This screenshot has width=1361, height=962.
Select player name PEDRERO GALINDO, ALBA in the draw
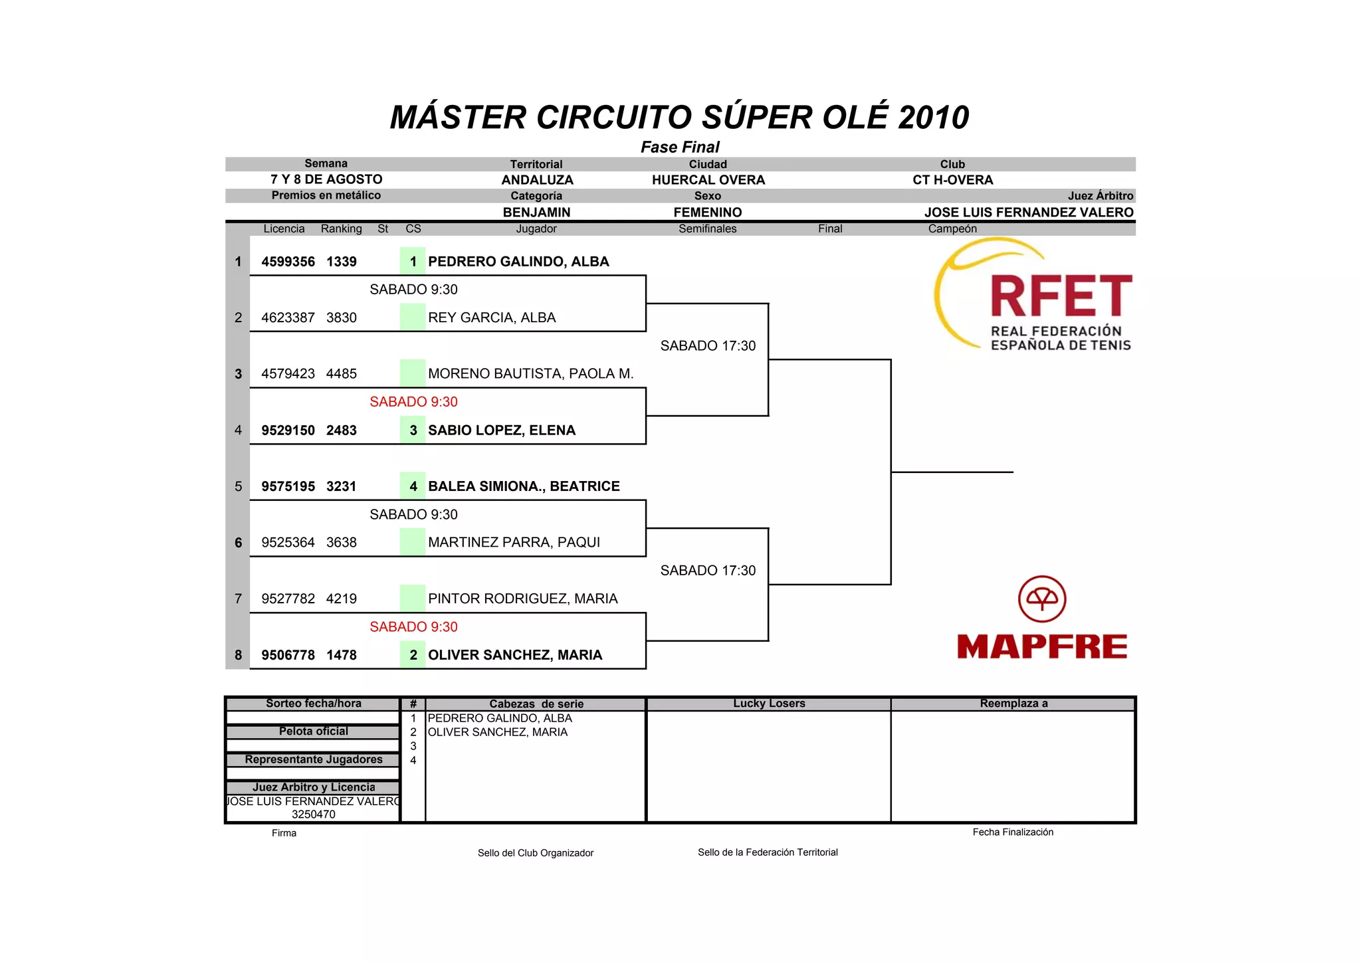point(518,262)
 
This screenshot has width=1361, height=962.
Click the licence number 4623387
point(288,318)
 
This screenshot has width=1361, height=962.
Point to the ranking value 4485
point(342,374)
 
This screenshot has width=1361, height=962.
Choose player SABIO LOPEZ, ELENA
point(502,431)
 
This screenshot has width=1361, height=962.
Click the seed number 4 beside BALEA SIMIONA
point(413,486)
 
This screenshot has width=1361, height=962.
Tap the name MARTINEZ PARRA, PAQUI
point(514,543)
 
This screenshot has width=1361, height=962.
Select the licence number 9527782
point(288,599)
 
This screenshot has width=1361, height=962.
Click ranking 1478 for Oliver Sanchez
point(342,655)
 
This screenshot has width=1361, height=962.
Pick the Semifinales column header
point(707,229)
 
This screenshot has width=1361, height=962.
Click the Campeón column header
point(952,229)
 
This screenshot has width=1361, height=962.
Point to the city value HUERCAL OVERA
point(708,180)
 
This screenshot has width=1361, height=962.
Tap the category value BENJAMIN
point(536,213)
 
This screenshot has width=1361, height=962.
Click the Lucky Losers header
point(769,704)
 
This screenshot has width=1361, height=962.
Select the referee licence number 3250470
point(313,815)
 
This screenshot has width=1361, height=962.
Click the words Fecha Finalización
point(1013,832)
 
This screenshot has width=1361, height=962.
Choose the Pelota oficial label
point(313,731)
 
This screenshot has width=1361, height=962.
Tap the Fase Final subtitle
point(680,147)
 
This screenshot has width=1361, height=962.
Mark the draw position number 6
point(238,543)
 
